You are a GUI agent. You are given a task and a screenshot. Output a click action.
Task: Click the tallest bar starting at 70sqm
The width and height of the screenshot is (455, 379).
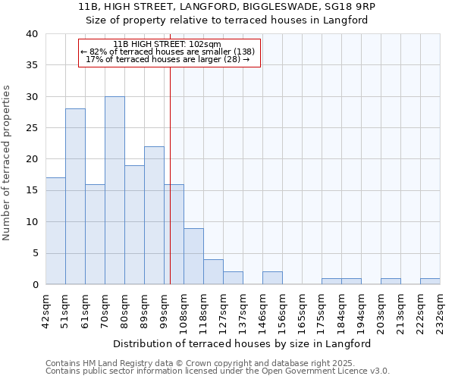pyautogui.click(x=115, y=190)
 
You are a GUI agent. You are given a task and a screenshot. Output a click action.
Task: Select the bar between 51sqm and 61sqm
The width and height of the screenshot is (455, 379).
pyautogui.click(x=75, y=196)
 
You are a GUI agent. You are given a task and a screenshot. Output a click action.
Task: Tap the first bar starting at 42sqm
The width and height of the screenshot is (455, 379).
pyautogui.click(x=55, y=231)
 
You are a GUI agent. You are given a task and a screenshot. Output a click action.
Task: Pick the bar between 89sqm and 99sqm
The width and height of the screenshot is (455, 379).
pyautogui.click(x=154, y=215)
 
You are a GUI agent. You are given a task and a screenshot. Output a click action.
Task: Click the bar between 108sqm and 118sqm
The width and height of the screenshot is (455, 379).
pyautogui.click(x=193, y=256)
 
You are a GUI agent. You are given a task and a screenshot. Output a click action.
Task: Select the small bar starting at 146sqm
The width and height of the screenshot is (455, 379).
pyautogui.click(x=272, y=278)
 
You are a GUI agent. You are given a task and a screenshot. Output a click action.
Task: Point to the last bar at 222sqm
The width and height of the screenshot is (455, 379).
pyautogui.click(x=430, y=281)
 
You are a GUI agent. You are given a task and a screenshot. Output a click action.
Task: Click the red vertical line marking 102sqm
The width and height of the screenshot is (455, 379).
pyautogui.click(x=170, y=174)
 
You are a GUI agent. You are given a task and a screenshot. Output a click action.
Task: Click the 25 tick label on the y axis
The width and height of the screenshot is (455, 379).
pyautogui.click(x=32, y=128)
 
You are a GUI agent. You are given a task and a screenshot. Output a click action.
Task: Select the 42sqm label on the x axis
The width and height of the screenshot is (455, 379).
pyautogui.click(x=46, y=310)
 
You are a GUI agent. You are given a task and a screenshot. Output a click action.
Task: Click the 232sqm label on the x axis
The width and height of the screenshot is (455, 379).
pyautogui.click(x=440, y=310)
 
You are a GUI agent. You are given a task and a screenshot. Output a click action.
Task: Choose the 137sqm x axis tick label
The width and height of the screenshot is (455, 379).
pyautogui.click(x=243, y=310)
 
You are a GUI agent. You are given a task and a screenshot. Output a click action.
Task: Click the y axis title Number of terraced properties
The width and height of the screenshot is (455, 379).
pyautogui.click(x=8, y=163)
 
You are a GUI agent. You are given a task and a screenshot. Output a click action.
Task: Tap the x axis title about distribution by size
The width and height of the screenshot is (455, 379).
pyautogui.click(x=246, y=343)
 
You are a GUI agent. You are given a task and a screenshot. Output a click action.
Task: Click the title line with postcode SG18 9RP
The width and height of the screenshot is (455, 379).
pyautogui.click(x=227, y=6)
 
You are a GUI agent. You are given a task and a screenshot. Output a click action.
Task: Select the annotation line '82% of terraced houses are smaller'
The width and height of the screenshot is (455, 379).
pyautogui.click(x=168, y=52)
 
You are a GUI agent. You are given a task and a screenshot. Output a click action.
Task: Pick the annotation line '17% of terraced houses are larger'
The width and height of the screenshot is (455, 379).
pyautogui.click(x=168, y=59)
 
